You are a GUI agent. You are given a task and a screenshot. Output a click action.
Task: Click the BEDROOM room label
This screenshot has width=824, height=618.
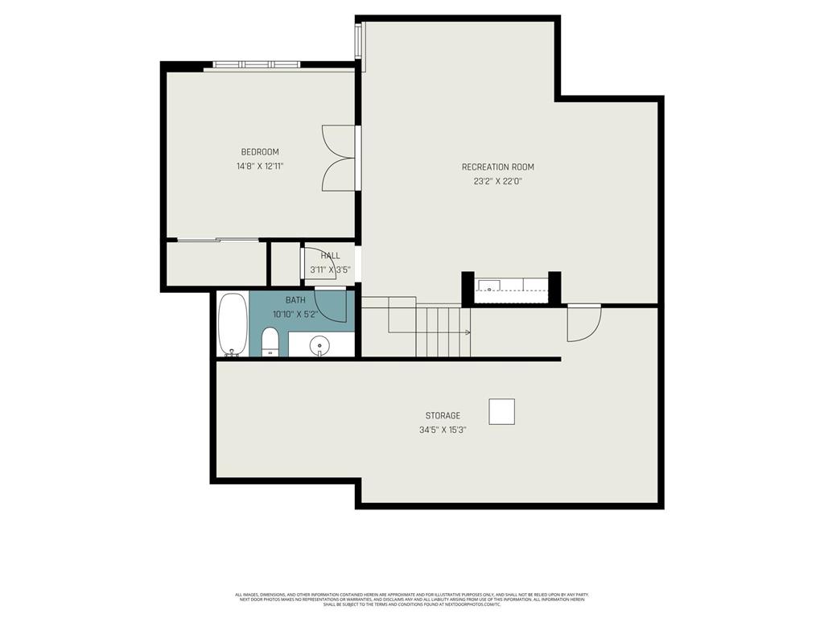tap(260, 152)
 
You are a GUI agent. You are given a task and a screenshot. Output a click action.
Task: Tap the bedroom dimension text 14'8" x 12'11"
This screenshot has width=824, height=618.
tap(260, 167)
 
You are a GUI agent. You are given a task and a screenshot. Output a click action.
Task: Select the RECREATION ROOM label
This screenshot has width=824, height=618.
tap(497, 167)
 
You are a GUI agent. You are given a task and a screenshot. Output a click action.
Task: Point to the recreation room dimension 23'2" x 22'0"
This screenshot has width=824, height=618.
tap(497, 182)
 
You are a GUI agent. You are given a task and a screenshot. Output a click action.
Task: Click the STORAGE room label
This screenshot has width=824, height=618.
tap(443, 416)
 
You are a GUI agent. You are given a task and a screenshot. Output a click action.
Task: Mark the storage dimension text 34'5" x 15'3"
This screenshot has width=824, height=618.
tap(443, 431)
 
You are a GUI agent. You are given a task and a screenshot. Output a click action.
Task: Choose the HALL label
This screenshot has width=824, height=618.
tap(330, 256)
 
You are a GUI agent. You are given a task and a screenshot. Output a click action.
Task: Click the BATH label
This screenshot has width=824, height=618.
tap(295, 300)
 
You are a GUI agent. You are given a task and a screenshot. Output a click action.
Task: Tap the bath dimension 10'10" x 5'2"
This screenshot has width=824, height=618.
tap(296, 315)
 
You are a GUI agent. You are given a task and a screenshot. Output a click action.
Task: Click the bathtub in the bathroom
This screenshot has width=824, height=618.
tap(232, 324)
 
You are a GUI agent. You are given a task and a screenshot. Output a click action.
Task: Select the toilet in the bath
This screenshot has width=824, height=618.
tap(270, 341)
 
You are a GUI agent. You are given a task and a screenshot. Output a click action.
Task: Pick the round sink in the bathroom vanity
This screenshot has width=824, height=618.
tap(319, 344)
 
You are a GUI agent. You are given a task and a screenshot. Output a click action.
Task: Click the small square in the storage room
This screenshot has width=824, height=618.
tap(501, 411)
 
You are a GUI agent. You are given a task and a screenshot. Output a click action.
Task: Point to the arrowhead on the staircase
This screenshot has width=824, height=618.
tap(467, 332)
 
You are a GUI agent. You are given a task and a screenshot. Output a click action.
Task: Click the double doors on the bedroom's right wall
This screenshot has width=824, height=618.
tap(340, 158)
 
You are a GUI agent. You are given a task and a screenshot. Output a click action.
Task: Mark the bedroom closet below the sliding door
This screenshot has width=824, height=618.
tap(216, 263)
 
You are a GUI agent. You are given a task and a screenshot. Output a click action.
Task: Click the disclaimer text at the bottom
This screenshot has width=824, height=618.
tap(411, 599)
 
